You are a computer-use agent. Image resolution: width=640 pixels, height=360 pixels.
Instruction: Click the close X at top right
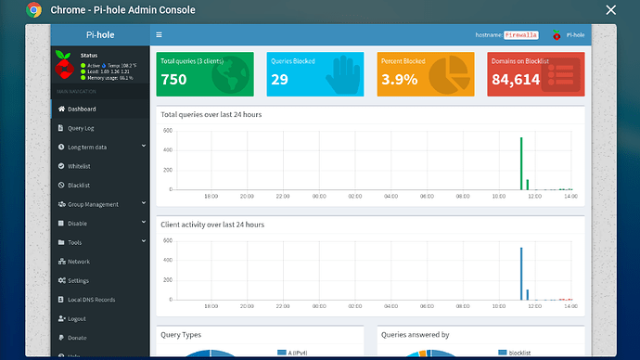point(609,10)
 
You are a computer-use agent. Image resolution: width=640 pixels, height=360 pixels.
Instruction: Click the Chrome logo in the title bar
point(34,10)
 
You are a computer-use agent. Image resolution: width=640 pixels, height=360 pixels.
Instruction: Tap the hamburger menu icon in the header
point(159,35)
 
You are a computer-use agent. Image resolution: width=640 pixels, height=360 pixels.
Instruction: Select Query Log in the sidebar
point(82,127)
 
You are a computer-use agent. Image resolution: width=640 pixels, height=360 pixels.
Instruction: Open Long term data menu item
point(87,147)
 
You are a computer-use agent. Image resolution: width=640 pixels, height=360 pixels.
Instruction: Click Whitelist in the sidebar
point(79,166)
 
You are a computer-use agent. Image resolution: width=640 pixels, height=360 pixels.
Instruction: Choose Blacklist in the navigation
point(79,186)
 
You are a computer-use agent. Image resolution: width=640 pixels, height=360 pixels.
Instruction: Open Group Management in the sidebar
point(93,204)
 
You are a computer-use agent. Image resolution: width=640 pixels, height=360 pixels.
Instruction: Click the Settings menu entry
point(78,280)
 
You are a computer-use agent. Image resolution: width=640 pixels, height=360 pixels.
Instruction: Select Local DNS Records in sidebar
point(91,300)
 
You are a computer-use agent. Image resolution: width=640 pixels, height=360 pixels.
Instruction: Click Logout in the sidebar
point(78,318)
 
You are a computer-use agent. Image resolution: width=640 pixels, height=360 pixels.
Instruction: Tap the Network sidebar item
point(79,262)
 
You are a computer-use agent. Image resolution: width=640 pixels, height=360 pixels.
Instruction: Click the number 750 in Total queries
point(173,80)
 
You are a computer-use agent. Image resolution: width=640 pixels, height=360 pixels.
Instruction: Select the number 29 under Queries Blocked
point(278,80)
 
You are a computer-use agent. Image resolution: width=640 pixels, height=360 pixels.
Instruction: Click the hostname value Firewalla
point(520,35)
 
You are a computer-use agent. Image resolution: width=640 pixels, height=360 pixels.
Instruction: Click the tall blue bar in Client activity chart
point(520,274)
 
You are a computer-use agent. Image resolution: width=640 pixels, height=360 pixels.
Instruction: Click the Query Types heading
point(181,335)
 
